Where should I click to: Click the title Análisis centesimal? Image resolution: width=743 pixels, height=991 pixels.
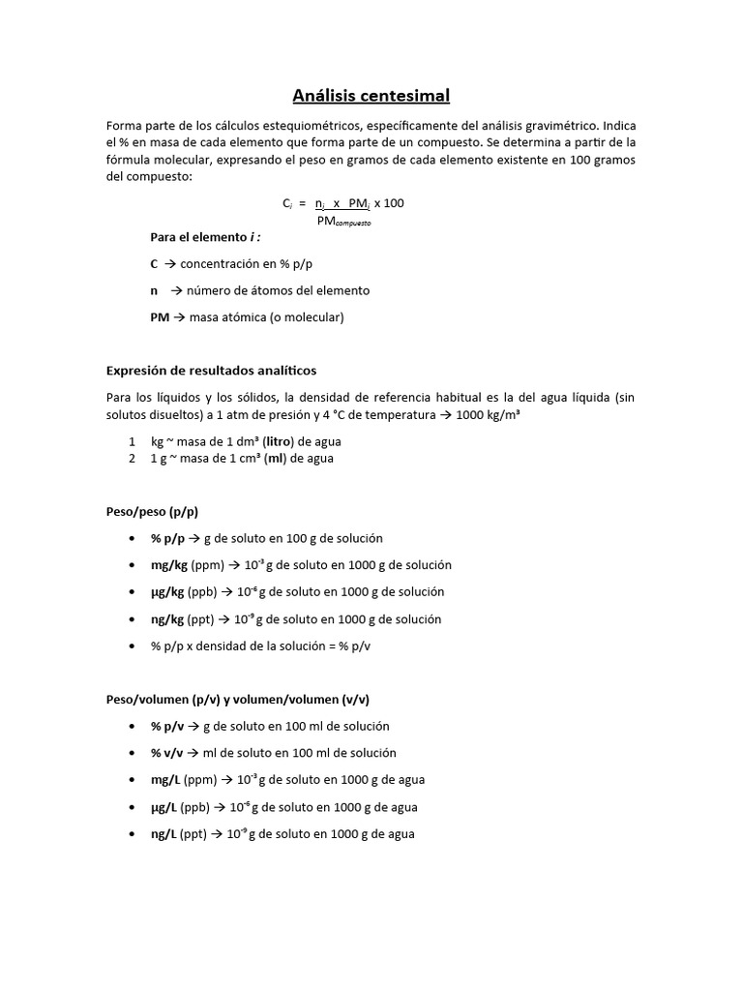[371, 96]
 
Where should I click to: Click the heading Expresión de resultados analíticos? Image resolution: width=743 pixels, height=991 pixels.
[210, 370]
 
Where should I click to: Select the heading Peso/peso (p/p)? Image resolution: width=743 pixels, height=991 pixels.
[152, 511]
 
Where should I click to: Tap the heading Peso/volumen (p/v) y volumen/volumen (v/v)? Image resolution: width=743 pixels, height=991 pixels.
[237, 699]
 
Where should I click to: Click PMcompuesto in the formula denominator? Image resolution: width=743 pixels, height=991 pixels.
[343, 221]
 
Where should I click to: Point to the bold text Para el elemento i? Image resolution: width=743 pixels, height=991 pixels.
[205, 237]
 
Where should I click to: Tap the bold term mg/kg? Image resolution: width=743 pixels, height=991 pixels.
[169, 565]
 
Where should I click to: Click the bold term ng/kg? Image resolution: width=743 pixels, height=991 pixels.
[168, 619]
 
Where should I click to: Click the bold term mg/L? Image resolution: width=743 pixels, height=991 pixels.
[166, 779]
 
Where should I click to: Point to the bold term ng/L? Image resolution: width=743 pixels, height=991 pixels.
[165, 833]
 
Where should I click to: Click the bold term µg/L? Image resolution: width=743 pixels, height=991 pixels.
[165, 806]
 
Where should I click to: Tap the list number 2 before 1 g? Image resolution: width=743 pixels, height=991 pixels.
[132, 459]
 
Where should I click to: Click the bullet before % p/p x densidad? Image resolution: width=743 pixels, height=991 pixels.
[131, 646]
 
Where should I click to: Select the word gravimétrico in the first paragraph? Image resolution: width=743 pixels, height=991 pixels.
[562, 126]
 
